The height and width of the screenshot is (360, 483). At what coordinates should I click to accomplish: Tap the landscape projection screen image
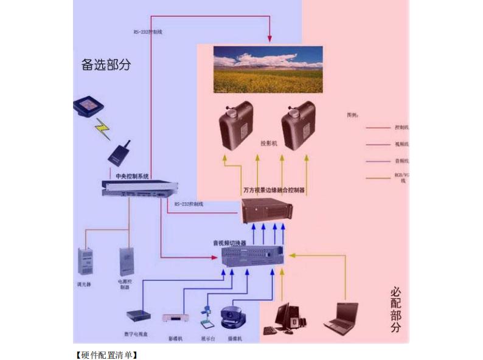click(x=268, y=69)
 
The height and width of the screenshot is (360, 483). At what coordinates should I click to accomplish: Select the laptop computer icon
click(x=342, y=317)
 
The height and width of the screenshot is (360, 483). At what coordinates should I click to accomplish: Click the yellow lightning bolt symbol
click(x=101, y=128)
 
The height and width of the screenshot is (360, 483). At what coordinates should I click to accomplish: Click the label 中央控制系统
click(x=132, y=176)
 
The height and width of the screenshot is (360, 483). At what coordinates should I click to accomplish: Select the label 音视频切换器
click(x=229, y=243)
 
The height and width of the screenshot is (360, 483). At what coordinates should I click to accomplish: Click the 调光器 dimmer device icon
click(x=85, y=261)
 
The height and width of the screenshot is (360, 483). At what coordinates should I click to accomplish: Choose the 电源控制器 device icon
click(x=126, y=260)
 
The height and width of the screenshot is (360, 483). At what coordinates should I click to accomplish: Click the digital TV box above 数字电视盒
click(x=137, y=316)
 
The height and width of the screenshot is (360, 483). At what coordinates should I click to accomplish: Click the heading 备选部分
click(x=106, y=64)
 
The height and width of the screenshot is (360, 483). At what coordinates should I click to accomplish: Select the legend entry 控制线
click(x=401, y=128)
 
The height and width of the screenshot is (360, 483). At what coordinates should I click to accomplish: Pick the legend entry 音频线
click(x=401, y=161)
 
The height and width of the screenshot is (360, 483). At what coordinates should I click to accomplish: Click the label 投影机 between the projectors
click(x=268, y=144)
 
